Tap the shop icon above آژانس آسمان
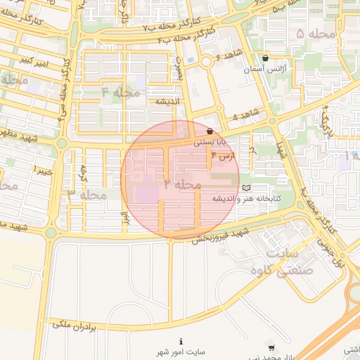[x=264, y=58]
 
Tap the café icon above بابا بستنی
[x=210, y=130]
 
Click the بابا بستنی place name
[x=210, y=141]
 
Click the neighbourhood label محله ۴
[x=120, y=91]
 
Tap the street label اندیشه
[x=164, y=101]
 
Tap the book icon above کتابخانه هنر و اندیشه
[x=245, y=188]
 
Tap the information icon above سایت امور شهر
[x=181, y=341]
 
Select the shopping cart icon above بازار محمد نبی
[x=271, y=347]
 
